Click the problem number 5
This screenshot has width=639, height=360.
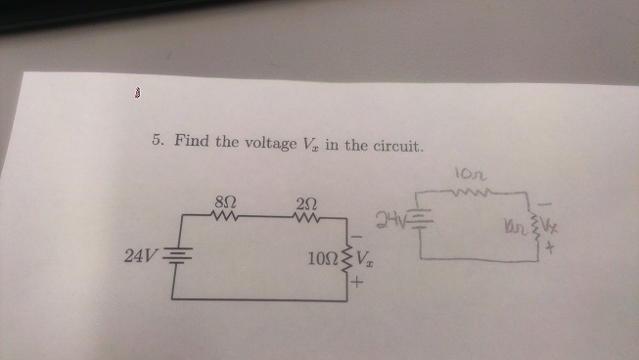(157, 140)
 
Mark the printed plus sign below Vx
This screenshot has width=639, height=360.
(358, 285)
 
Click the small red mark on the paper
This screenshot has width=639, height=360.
(138, 96)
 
